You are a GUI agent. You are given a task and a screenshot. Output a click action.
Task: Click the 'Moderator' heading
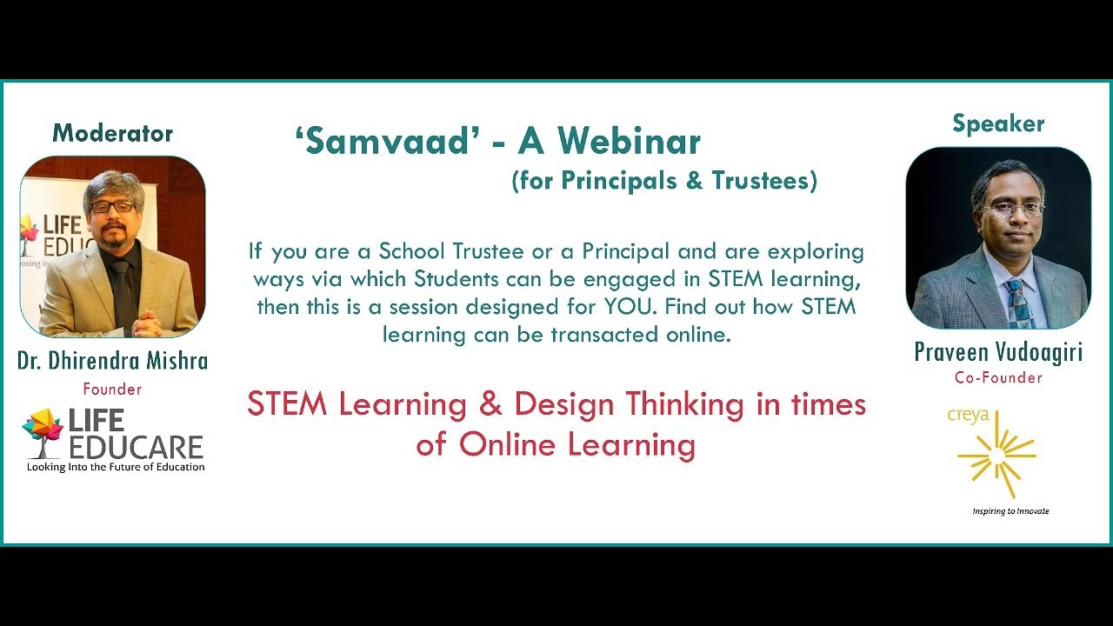pos(112,133)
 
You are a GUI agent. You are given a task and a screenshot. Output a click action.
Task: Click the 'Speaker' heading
pos(997,123)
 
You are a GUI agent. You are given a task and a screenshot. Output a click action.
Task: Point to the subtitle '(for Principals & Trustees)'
pos(664,180)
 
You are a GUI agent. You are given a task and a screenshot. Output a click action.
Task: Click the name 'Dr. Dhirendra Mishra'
pos(112,361)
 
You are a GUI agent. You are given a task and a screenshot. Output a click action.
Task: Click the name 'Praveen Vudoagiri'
pos(997,352)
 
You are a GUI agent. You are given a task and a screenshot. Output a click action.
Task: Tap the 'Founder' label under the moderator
pos(112,389)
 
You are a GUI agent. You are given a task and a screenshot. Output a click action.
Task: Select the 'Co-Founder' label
pos(997,377)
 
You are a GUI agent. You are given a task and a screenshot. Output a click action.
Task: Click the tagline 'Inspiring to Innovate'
pos(1010,511)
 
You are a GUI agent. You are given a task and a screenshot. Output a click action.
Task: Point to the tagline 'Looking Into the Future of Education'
pos(116,467)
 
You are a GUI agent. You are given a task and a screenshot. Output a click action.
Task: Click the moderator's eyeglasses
pos(113,207)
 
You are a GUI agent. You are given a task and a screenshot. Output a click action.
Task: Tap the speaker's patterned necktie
pos(1016,300)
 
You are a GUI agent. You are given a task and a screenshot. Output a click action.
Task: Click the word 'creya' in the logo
pos(968,416)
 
